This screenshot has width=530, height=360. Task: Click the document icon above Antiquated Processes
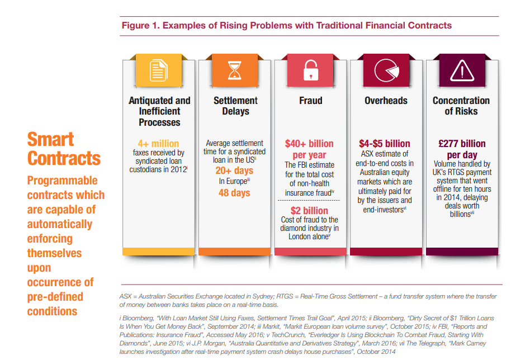[159, 71]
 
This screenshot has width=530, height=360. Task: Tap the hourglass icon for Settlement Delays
[235, 71]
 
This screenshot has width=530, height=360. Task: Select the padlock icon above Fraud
[310, 71]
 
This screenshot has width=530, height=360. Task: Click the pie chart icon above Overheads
[386, 71]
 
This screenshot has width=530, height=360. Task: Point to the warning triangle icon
[461, 71]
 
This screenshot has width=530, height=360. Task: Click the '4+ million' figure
[159, 143]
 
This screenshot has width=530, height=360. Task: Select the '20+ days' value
[235, 170]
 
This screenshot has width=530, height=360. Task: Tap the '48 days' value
[235, 193]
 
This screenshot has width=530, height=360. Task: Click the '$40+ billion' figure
[309, 144]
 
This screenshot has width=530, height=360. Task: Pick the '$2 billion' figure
[309, 210]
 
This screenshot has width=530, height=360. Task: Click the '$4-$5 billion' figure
[386, 144]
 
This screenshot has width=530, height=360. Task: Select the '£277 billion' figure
[461, 144]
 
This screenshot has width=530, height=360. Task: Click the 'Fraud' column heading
[310, 101]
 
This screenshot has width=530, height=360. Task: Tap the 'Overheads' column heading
[386, 101]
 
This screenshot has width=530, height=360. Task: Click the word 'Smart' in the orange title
[50, 139]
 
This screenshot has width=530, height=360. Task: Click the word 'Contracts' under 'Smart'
[64, 158]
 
